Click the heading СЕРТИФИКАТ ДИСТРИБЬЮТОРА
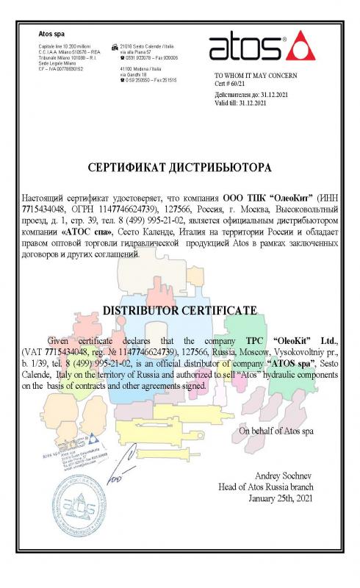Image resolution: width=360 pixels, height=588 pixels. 179,168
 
